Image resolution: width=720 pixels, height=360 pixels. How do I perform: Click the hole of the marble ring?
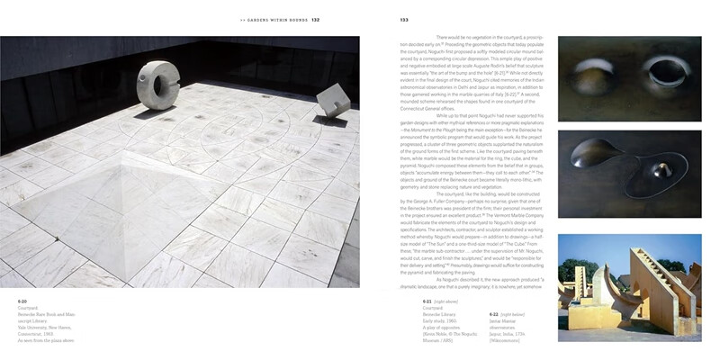point(166,87)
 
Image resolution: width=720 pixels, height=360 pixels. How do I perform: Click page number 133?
point(404,20)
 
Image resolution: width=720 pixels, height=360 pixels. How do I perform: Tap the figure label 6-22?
point(496,300)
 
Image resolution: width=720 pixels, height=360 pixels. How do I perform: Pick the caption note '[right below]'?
point(517,300)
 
